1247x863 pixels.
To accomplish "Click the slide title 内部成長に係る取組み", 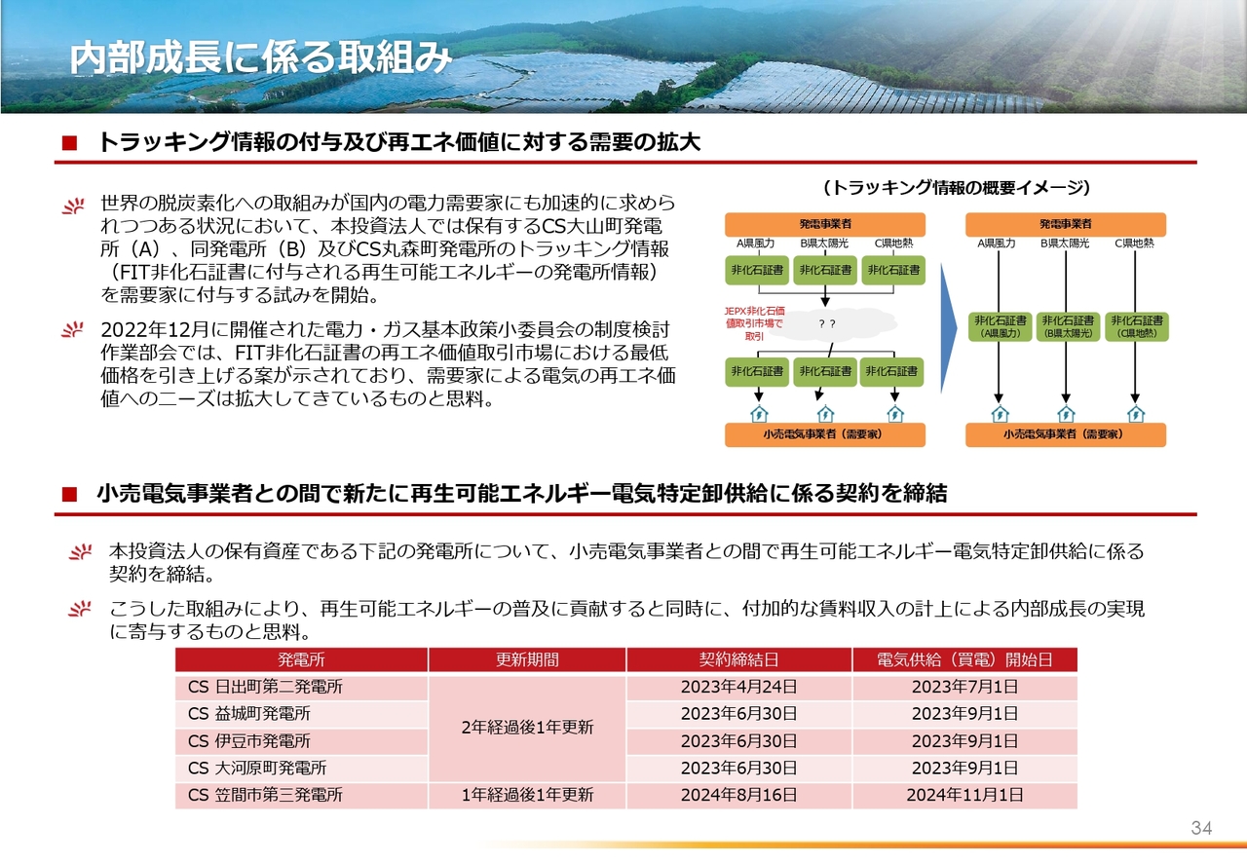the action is [x=260, y=57].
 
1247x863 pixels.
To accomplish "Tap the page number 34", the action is [x=1201, y=828].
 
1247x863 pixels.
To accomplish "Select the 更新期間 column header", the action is [x=527, y=659].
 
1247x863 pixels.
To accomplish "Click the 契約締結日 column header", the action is [x=738, y=659].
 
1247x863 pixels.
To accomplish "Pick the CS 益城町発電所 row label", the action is [x=248, y=714].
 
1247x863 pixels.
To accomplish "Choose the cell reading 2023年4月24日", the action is [x=738, y=687].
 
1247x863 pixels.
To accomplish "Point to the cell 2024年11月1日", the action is [x=964, y=795].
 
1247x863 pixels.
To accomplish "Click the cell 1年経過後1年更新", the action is [x=527, y=795].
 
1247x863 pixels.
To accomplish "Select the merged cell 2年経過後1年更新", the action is [x=527, y=728].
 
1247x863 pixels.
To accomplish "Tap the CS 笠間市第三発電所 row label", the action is [x=265, y=795].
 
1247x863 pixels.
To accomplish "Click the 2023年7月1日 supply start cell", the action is [x=964, y=687].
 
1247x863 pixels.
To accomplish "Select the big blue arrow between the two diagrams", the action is [x=949, y=328].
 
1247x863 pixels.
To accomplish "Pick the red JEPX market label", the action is [x=754, y=323].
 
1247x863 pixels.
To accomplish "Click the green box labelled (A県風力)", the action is [x=1000, y=327].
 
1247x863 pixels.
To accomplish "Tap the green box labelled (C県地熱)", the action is [x=1137, y=327].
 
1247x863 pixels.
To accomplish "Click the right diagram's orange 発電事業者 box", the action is [x=1066, y=224].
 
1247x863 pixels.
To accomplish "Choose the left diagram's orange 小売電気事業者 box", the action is [x=825, y=434].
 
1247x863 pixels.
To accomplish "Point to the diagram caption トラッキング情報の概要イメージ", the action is [x=956, y=188].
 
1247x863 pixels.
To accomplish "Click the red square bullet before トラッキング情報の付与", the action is [x=69, y=143].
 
